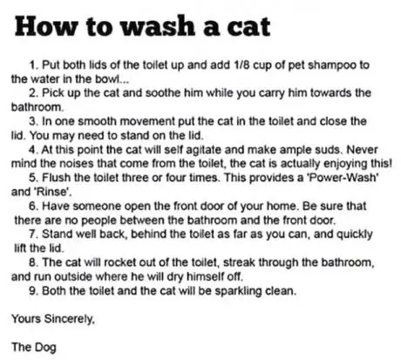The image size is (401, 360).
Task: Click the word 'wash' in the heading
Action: tap(158, 26)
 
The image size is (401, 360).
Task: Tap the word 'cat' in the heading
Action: tap(248, 28)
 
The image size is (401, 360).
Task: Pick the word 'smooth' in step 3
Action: tap(98, 121)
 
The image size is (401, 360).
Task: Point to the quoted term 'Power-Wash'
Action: tap(342, 177)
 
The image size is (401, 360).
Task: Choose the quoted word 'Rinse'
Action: tap(53, 192)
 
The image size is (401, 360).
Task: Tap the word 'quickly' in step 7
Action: tap(354, 234)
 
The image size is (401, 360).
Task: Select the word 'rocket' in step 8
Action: tap(119, 262)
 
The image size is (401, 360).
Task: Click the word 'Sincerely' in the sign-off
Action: tap(69, 319)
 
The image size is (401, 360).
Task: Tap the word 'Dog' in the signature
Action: tap(45, 348)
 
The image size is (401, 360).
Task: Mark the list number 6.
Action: tap(33, 206)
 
